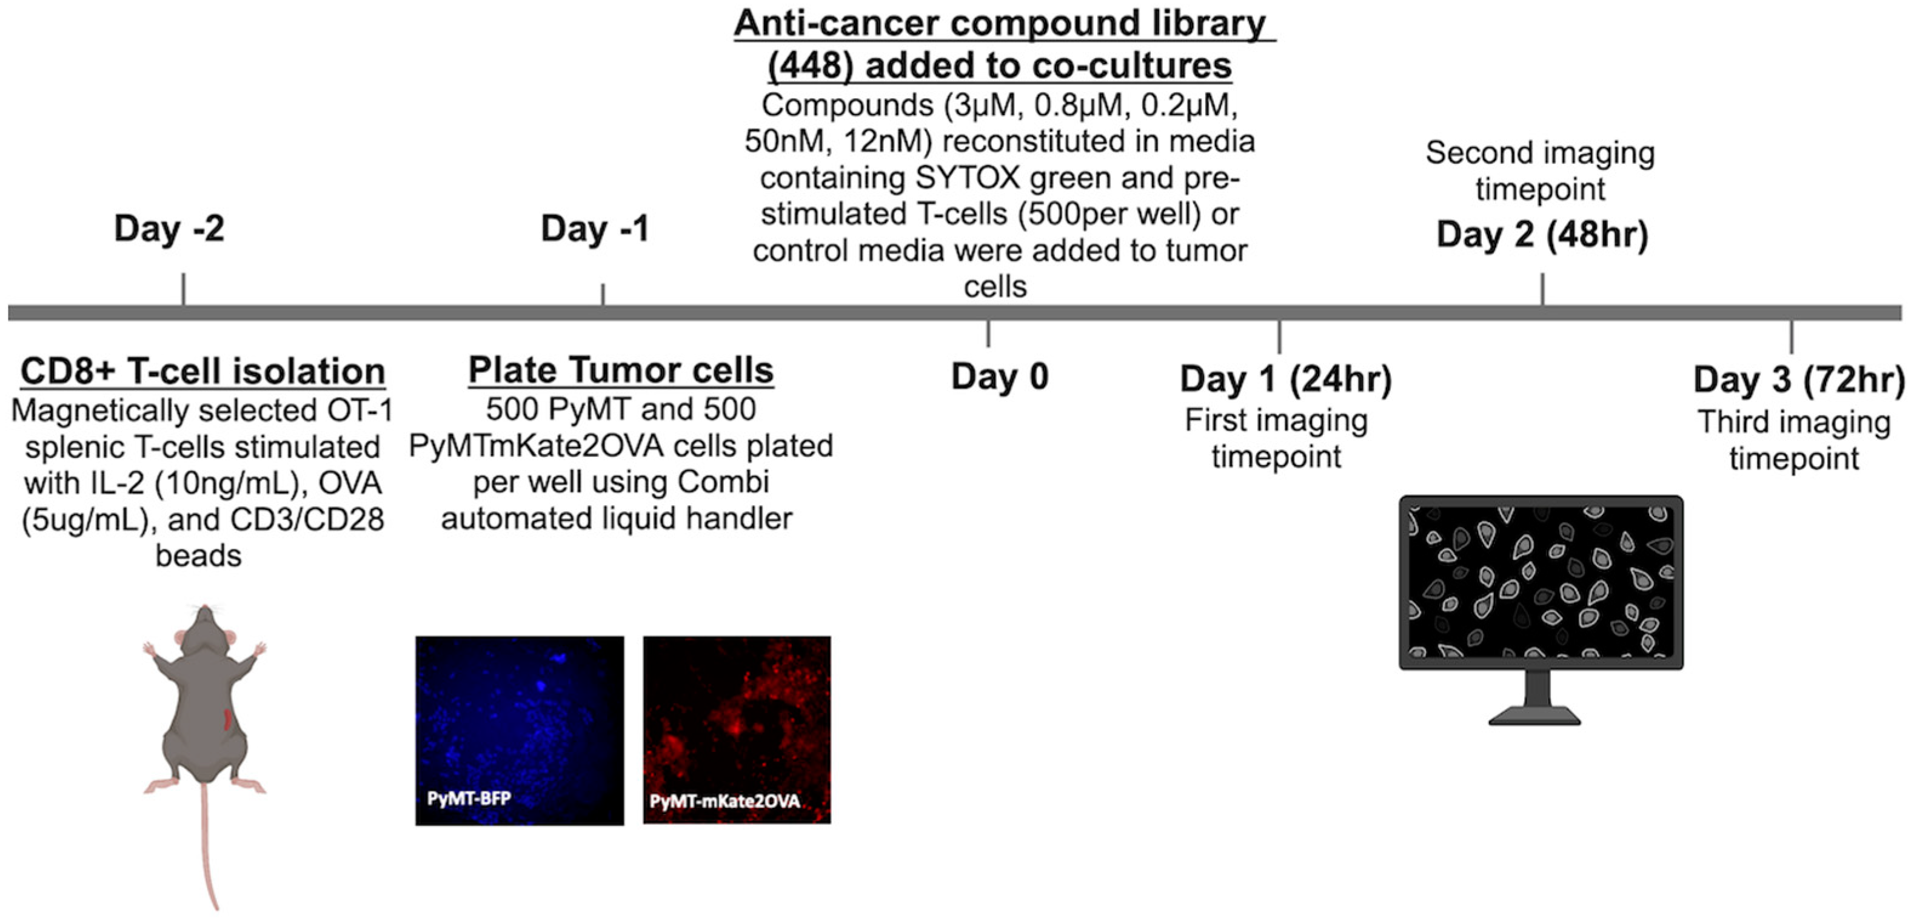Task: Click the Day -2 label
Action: click(169, 229)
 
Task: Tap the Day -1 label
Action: click(595, 229)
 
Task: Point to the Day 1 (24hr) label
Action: click(1285, 379)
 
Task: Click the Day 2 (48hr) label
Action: click(1542, 235)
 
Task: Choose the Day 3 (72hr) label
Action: click(1799, 380)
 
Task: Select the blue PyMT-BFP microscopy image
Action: click(520, 730)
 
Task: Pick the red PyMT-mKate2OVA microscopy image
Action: click(737, 730)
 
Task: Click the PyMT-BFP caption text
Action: click(469, 799)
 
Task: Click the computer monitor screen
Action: click(1541, 581)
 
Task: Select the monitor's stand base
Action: click(1534, 716)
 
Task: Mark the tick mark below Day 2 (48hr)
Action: click(1542, 288)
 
